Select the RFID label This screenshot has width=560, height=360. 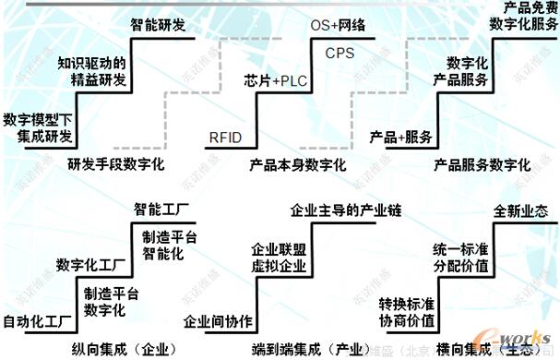[226, 138]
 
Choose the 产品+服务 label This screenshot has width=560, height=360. [401, 138]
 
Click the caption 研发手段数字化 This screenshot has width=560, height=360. [115, 166]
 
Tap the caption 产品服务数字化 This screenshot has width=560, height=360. [483, 166]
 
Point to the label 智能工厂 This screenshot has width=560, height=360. [162, 208]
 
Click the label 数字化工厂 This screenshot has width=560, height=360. [89, 265]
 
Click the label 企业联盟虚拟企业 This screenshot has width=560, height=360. [280, 258]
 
